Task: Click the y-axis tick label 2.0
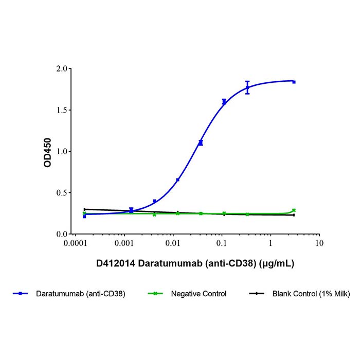[61, 68]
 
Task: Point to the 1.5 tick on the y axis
[61, 110]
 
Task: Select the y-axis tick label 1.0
[61, 151]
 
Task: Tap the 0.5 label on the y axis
[61, 193]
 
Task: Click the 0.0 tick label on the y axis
[61, 234]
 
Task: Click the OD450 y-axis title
[47, 151]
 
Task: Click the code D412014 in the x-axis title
[115, 264]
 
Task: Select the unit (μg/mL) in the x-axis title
[278, 264]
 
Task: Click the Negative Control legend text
[199, 294]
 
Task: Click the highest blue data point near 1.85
[294, 82]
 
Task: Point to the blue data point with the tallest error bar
[247, 87]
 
